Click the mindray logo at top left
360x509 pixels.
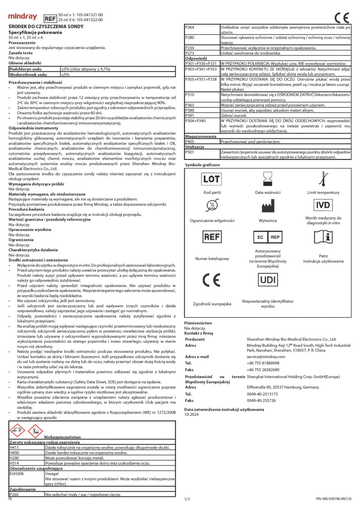click(23, 17)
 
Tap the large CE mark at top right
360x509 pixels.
click(342, 18)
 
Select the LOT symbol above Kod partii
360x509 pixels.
click(211, 179)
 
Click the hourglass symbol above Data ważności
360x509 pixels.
click(267, 179)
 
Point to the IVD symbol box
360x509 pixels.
click(323, 205)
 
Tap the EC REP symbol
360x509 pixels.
click(267, 237)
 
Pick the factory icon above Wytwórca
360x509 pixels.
click(267, 205)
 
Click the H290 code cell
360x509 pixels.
click(26, 458)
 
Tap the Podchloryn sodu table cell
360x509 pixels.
click(33, 69)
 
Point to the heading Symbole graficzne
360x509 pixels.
click(202, 165)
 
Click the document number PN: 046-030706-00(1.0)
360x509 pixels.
click(334, 498)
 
